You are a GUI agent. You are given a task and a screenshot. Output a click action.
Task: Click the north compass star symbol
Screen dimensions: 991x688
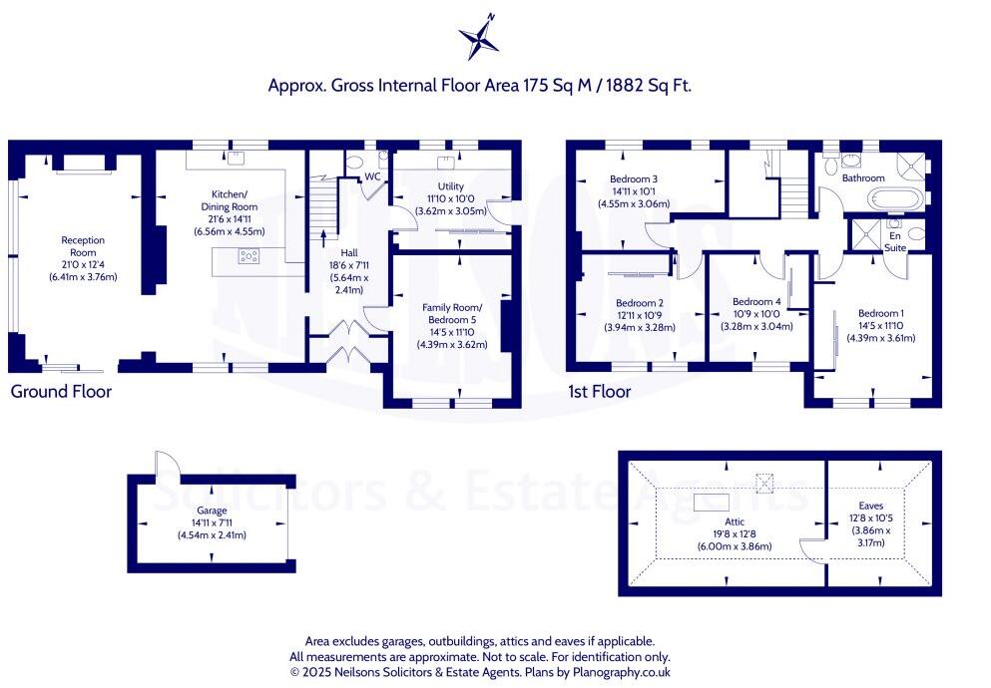[x=480, y=37]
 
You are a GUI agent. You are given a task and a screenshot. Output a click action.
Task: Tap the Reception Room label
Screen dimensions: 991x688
[x=83, y=246]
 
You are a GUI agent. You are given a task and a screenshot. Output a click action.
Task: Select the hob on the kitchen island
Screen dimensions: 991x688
[x=248, y=255]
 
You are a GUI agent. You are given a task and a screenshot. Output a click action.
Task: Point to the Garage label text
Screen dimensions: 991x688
[x=212, y=510]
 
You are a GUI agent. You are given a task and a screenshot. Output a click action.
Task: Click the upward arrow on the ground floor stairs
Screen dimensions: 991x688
[x=324, y=239]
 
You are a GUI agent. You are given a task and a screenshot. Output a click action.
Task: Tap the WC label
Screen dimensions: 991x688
[x=373, y=176]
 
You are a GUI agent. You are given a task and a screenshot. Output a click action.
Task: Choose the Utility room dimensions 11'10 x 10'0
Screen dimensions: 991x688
[x=451, y=198]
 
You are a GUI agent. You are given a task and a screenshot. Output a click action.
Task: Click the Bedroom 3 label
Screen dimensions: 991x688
[x=634, y=178]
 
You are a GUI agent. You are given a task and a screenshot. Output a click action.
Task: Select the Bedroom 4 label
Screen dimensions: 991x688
[x=756, y=302]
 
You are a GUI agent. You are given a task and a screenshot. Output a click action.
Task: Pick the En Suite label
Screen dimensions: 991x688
[x=895, y=241]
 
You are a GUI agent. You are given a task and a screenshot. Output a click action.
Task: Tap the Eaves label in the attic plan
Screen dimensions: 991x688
[x=871, y=506]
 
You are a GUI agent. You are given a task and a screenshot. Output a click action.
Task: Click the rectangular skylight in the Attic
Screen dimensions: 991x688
[x=712, y=503]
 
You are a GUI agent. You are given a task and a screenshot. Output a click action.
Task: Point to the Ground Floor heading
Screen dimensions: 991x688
[x=61, y=391]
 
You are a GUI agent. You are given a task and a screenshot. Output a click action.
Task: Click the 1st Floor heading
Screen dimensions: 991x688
[x=599, y=391]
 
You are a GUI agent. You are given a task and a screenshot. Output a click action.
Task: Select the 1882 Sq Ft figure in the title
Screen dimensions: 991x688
[x=649, y=85]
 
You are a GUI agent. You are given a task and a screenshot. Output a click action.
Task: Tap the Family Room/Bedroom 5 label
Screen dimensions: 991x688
[x=452, y=314]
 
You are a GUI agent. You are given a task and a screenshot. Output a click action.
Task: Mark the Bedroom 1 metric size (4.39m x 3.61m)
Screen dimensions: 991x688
[x=881, y=338]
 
